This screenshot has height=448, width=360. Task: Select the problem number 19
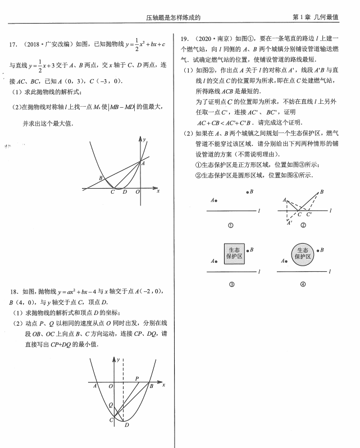pos(184,38)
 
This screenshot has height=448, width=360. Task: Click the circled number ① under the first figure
pos(230,226)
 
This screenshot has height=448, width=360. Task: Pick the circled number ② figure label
pos(303,226)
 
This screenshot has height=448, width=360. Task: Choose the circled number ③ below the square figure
pos(231,285)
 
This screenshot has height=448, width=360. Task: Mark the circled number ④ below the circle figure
pos(303,285)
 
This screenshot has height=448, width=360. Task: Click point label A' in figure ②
pos(289,222)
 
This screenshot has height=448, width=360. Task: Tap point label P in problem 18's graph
pos(137,379)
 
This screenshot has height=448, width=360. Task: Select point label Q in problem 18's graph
pos(111,405)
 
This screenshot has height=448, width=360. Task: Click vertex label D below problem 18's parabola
pos(127,425)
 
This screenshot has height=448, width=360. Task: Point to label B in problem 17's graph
pos(101,179)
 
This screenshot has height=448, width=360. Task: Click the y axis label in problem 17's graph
pos(145,139)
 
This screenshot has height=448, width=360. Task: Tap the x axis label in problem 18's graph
pos(163,385)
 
